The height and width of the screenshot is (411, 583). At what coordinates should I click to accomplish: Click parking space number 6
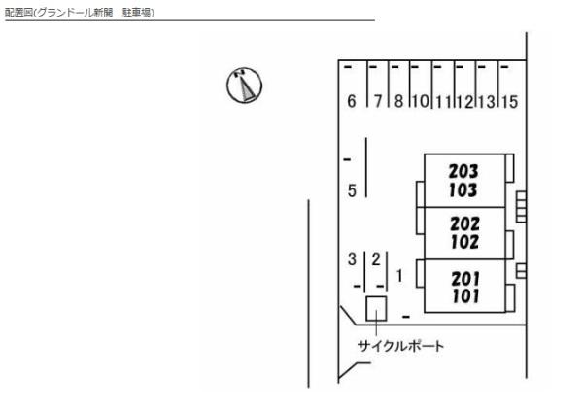click(352, 101)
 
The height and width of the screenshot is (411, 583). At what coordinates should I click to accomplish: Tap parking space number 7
click(378, 101)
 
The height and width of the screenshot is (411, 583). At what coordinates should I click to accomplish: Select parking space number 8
click(398, 101)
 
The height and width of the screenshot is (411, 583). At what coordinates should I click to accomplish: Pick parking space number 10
click(421, 101)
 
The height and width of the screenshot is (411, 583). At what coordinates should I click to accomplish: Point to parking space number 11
click(443, 102)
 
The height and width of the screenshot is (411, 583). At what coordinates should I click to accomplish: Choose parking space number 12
click(464, 102)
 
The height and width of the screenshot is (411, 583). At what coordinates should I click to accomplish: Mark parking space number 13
click(487, 102)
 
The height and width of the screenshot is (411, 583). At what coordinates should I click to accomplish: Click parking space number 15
click(509, 102)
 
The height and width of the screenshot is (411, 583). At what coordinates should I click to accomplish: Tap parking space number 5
click(352, 190)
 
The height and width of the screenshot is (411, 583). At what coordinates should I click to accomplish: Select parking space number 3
click(352, 258)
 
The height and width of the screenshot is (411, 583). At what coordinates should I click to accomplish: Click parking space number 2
click(376, 258)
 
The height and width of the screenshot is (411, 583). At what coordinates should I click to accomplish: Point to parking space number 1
click(399, 276)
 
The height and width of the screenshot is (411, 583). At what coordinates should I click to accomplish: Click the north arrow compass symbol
click(244, 86)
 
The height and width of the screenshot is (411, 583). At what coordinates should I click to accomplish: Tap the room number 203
click(463, 171)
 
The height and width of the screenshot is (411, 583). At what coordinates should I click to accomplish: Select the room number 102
click(464, 242)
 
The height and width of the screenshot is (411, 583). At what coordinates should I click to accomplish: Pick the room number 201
click(465, 278)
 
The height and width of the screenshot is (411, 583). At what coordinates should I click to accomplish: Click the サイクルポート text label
click(400, 346)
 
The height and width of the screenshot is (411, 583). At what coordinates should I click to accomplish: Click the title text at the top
click(80, 13)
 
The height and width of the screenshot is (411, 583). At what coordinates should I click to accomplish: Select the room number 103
click(463, 190)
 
